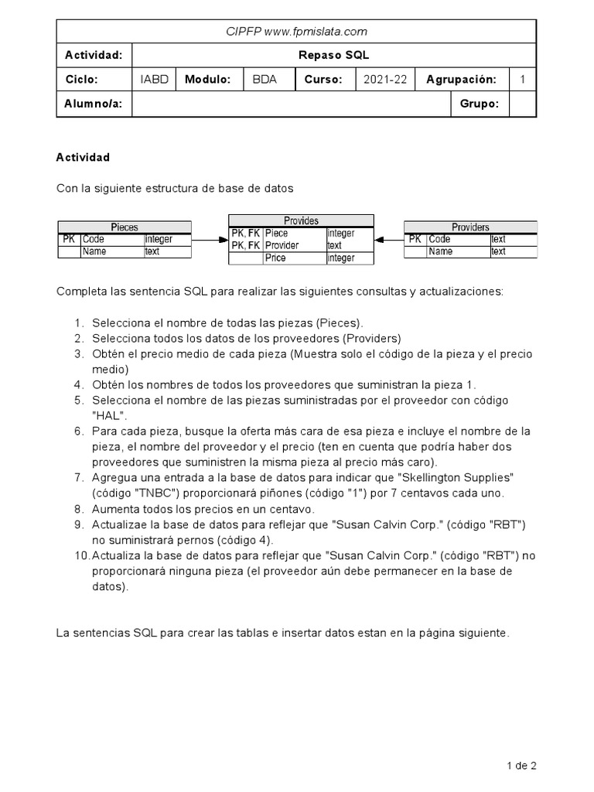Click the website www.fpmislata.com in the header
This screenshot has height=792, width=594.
[316, 32]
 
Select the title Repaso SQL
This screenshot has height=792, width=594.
[334, 56]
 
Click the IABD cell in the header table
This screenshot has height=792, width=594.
[154, 80]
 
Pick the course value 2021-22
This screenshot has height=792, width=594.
[384, 80]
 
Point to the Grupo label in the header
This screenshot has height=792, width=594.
[479, 104]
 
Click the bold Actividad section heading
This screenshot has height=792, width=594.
[83, 157]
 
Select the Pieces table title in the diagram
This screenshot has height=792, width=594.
[125, 227]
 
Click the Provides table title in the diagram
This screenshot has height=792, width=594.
[301, 220]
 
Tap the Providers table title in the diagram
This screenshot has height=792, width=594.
[470, 227]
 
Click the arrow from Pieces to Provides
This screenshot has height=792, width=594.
[209, 240]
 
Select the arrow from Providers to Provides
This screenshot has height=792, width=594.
[389, 240]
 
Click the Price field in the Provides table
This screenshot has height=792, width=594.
[275, 258]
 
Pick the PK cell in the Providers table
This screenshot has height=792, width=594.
[415, 240]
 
